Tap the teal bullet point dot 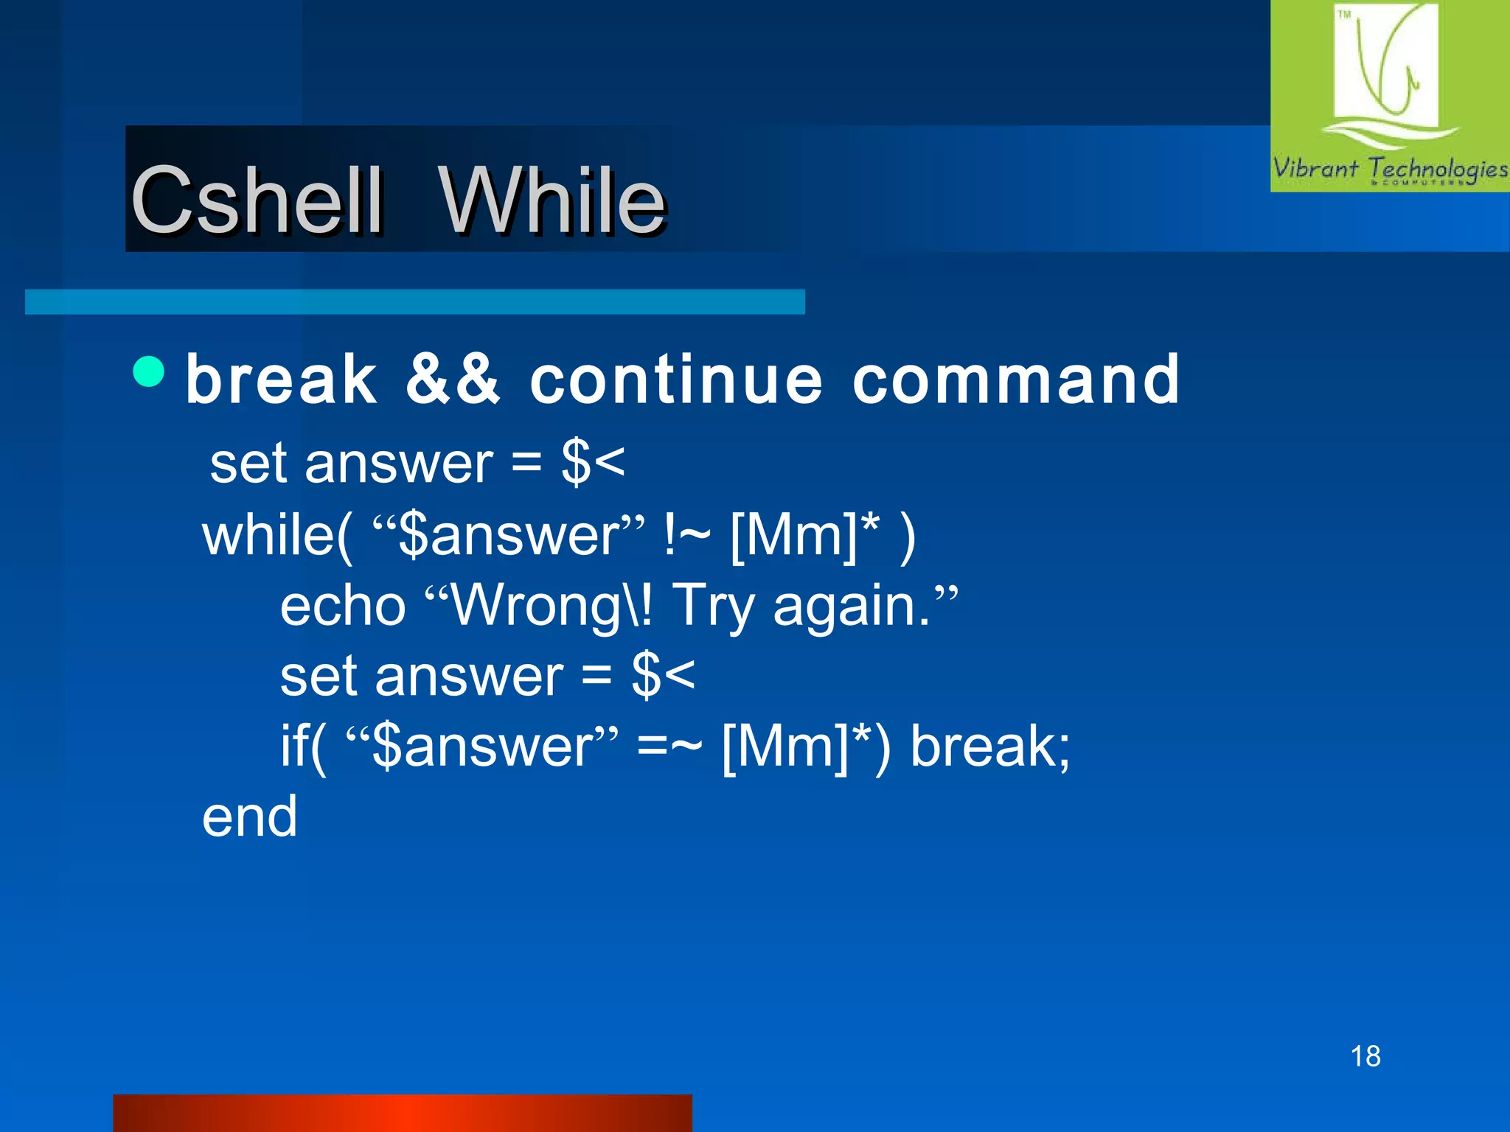(150, 371)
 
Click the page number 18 (1365, 1056)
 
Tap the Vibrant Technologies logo (1390, 96)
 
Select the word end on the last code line (250, 817)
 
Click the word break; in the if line (990, 746)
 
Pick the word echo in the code (343, 606)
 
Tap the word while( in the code (277, 536)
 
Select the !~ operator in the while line (687, 535)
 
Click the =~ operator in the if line (669, 746)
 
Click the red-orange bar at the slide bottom (403, 1113)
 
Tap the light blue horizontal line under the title (415, 302)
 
